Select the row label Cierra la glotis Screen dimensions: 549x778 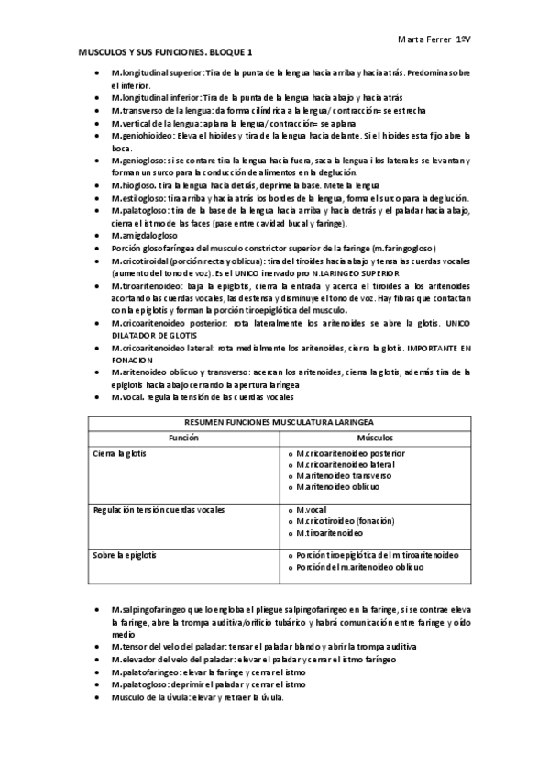125,454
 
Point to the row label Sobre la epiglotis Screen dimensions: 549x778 129,555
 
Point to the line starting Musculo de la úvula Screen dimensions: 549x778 197,697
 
